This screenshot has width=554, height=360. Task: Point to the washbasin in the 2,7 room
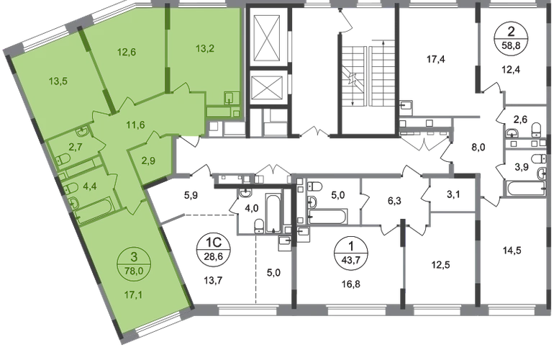point(82,130)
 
